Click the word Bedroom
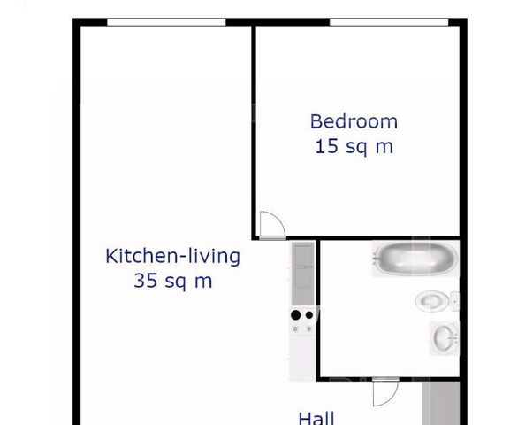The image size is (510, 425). point(354,121)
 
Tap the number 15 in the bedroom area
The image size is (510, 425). point(326,146)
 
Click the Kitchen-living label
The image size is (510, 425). point(173,256)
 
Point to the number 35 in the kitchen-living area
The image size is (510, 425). point(146,281)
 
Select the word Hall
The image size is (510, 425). point(316,418)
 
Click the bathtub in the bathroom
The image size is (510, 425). point(415,259)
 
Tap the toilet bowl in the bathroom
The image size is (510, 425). point(431,300)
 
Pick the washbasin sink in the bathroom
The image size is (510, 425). point(445,338)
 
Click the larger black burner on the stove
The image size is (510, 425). point(295,315)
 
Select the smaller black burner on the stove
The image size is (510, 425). point(309,315)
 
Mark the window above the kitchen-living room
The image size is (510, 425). point(166,22)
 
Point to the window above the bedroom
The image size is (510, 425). point(389,22)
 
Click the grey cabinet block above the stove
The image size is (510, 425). point(303,273)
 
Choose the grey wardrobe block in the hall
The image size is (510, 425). point(441,404)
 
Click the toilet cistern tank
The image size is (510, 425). point(454,301)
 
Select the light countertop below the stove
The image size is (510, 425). point(302,359)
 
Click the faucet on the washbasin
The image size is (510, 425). point(454,338)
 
